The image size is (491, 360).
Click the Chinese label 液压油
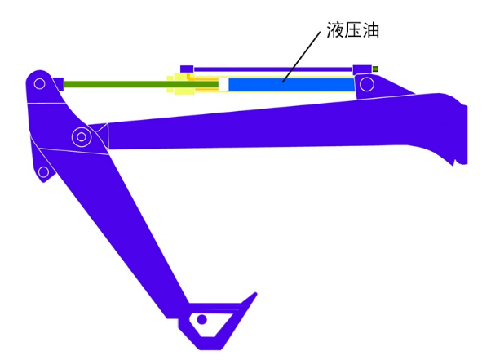point(352,30)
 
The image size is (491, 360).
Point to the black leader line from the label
point(301,56)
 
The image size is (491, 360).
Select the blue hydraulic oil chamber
point(291,85)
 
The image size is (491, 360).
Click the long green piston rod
point(141,84)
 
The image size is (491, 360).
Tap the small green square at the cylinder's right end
point(375,69)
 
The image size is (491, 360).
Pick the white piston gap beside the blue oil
point(223,85)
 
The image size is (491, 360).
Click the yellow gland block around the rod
point(181,84)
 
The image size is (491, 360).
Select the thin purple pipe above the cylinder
point(272,69)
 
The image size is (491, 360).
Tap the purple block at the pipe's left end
point(187,69)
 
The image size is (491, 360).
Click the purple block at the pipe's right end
point(362,69)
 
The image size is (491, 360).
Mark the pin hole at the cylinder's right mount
point(367,84)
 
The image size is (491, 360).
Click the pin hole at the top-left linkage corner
point(39,83)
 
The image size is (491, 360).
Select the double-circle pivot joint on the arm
point(82,137)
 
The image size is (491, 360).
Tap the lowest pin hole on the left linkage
point(43,172)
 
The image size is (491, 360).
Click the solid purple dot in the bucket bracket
point(201,319)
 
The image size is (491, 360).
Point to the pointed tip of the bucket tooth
point(256,294)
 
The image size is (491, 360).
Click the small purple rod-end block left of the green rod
point(58,84)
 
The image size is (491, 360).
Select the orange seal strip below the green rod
point(207,89)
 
